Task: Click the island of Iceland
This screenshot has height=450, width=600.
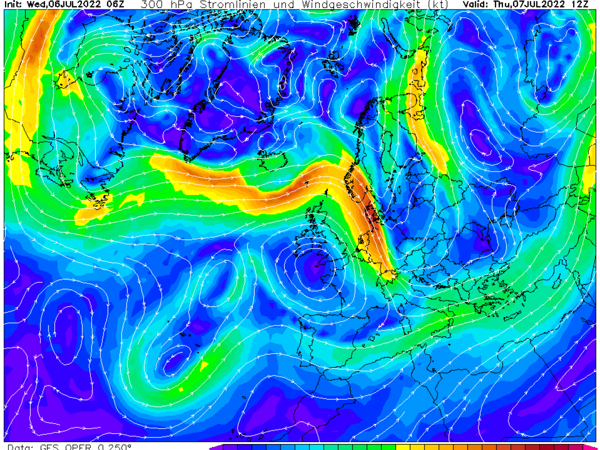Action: pyautogui.click(x=272, y=159)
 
